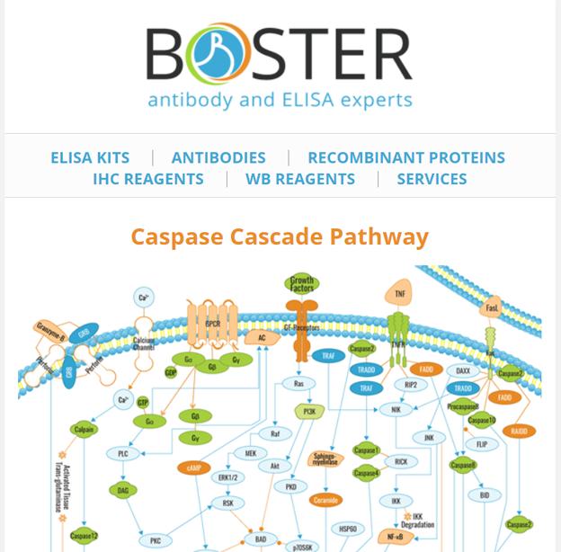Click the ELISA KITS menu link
point(90,157)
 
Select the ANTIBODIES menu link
point(218,157)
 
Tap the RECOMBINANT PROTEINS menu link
point(406,157)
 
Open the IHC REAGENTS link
point(148,179)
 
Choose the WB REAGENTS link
point(300,179)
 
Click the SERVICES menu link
point(432,179)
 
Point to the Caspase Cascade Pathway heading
point(280,236)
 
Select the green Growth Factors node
point(302,284)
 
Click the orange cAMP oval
point(194,468)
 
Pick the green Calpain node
point(85,431)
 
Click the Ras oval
point(299,384)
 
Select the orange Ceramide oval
point(325,500)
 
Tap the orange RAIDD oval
point(520,432)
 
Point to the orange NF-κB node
point(394,537)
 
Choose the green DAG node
point(123,491)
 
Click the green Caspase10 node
point(482,420)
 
